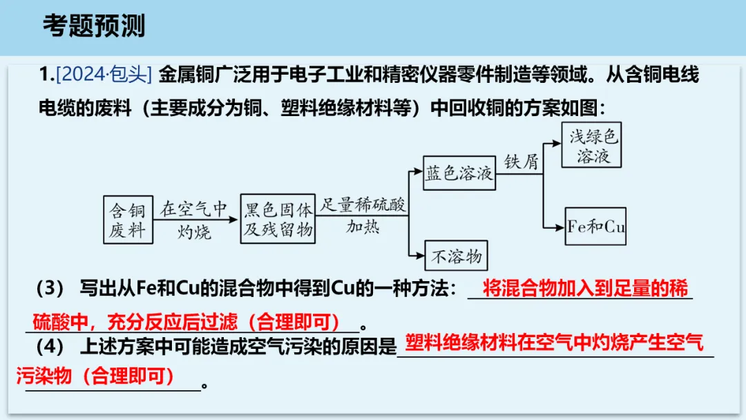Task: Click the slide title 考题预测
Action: point(94,25)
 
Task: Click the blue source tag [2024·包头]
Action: point(104,75)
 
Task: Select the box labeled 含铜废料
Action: point(128,220)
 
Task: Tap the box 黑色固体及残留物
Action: point(278,219)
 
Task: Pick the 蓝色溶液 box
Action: point(459,173)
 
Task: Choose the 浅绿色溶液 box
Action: point(591,145)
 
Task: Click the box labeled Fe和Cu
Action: point(595,227)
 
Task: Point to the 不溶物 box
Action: point(457,256)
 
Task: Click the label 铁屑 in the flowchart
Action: point(522,162)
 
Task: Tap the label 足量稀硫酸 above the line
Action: point(363,204)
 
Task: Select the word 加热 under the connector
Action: point(363,227)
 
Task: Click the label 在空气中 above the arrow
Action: point(193,209)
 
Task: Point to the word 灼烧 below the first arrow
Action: point(194,232)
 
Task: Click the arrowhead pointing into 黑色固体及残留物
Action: point(233,219)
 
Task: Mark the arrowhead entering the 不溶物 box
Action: point(420,256)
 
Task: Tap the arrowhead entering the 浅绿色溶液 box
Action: point(557,143)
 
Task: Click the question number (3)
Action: point(50,288)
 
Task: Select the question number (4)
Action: point(50,346)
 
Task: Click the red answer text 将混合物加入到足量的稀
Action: point(585,288)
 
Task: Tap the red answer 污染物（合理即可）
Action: point(95,376)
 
